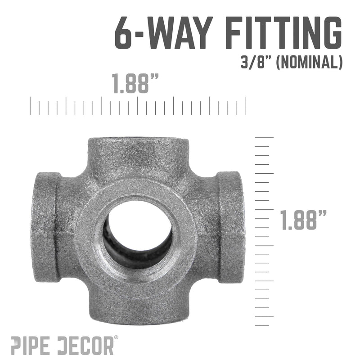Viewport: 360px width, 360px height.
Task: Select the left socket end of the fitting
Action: coord(45,227)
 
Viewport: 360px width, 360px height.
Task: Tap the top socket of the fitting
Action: coord(137,151)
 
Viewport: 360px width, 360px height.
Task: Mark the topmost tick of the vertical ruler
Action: coord(264,137)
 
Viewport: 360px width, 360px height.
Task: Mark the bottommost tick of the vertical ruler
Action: coord(264,325)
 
